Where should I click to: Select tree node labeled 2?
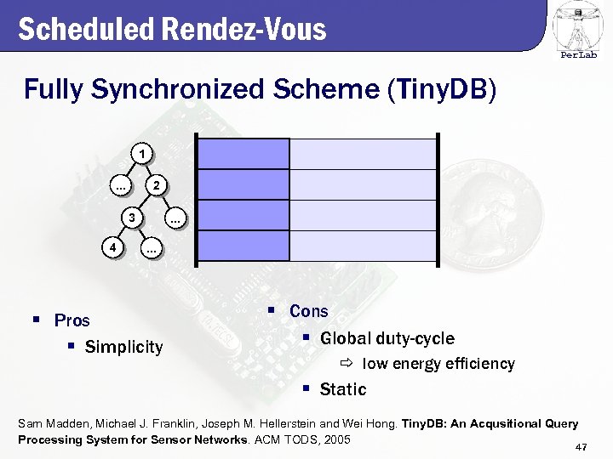(x=155, y=185)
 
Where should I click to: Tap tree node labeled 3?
(x=131, y=218)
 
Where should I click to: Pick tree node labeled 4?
(x=112, y=248)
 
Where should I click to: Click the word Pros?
(x=72, y=320)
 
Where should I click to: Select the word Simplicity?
(x=123, y=347)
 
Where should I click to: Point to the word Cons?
(x=308, y=311)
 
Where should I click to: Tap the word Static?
(x=343, y=389)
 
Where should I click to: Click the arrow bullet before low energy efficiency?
(x=347, y=364)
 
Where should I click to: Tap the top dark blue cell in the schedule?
(x=243, y=154)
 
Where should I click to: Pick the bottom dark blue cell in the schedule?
(x=243, y=246)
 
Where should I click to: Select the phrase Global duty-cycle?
(x=387, y=338)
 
